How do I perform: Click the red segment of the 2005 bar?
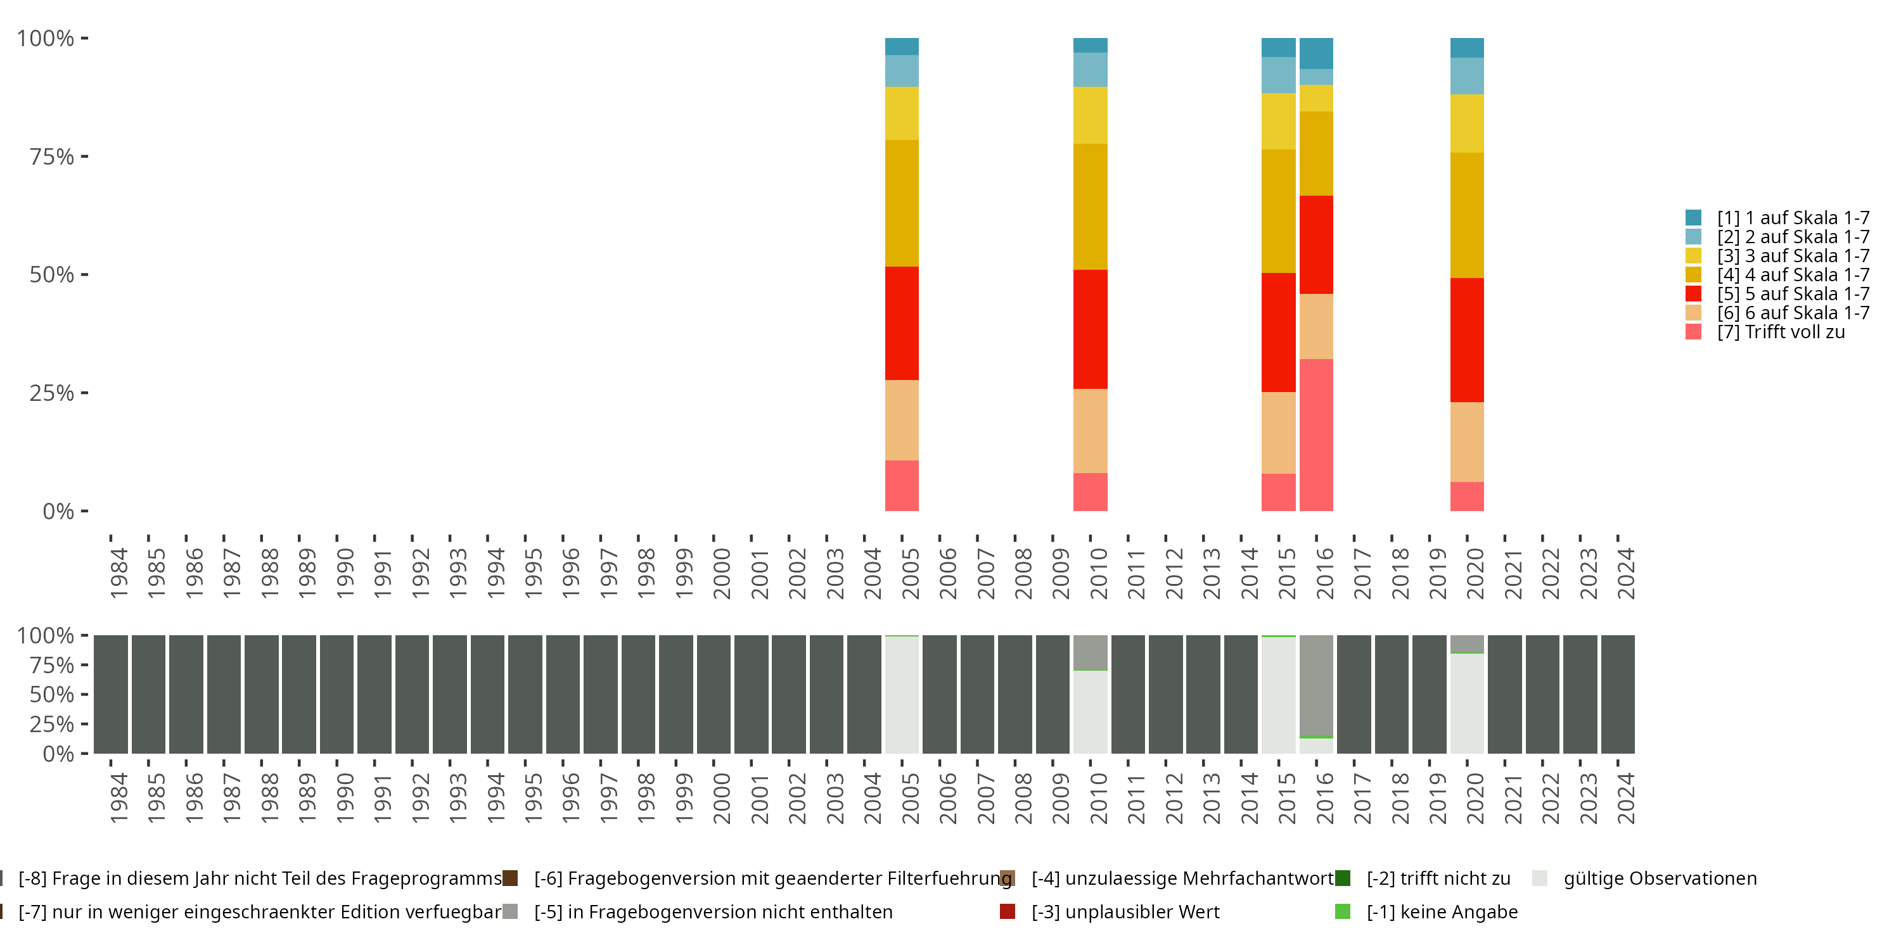pos(902,323)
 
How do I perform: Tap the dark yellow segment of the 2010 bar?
pos(1090,206)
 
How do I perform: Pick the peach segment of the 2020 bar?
pos(1466,442)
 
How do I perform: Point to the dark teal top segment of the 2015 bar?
pos(1278,47)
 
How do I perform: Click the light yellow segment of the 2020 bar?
pos(1466,123)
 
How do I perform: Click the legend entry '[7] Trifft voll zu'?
pos(1780,332)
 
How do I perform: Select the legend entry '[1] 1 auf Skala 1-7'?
pos(1792,218)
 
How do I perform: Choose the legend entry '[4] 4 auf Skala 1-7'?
pos(1792,275)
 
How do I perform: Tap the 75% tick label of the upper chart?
pos(52,156)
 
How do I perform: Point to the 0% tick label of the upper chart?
pos(58,511)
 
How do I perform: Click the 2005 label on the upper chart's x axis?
pos(911,573)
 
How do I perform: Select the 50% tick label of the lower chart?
pos(52,694)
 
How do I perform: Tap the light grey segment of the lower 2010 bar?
pos(1090,712)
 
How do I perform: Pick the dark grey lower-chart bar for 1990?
pos(336,694)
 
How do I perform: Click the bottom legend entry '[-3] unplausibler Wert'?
pos(1125,911)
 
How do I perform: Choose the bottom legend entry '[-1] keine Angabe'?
pos(1441,911)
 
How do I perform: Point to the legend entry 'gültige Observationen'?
pos(1659,878)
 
